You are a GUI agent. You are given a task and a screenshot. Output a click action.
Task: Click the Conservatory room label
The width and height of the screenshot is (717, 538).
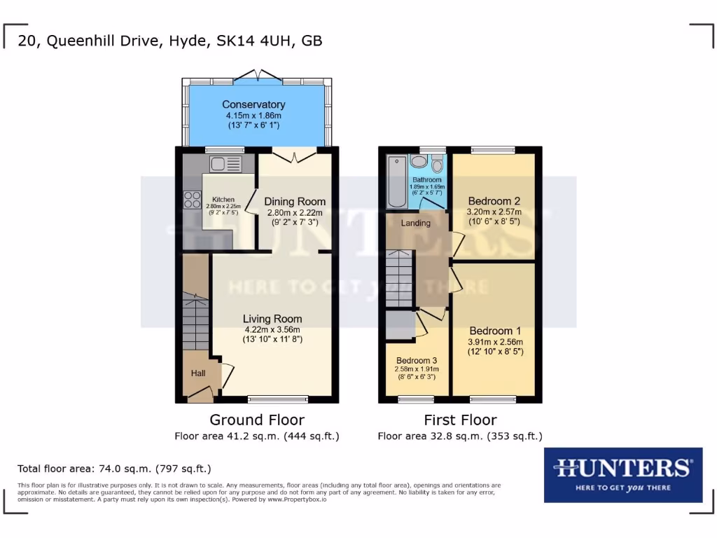[254, 105]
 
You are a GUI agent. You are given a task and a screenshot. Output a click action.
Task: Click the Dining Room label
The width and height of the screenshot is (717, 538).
[295, 202]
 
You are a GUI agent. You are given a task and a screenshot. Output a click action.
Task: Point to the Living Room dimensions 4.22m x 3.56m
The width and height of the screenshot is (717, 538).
[272, 330]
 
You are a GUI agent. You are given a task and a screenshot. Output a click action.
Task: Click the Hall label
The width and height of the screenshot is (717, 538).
[198, 373]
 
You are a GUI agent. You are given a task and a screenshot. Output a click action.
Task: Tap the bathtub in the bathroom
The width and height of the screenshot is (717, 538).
[395, 181]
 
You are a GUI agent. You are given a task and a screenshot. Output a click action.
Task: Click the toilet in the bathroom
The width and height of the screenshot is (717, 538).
[438, 165]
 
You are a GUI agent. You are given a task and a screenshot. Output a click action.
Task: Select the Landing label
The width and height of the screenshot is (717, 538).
[415, 223]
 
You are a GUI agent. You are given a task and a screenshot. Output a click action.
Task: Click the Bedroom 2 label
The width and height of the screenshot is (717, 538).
[494, 200]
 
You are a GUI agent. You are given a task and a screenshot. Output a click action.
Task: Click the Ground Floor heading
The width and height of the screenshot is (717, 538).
[257, 420]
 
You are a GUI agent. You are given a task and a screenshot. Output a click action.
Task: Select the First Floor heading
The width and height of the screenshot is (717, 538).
[460, 420]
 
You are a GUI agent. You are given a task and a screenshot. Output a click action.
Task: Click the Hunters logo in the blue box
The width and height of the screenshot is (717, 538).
[623, 474]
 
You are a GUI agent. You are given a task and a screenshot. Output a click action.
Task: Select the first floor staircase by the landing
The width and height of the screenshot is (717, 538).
[399, 279]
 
